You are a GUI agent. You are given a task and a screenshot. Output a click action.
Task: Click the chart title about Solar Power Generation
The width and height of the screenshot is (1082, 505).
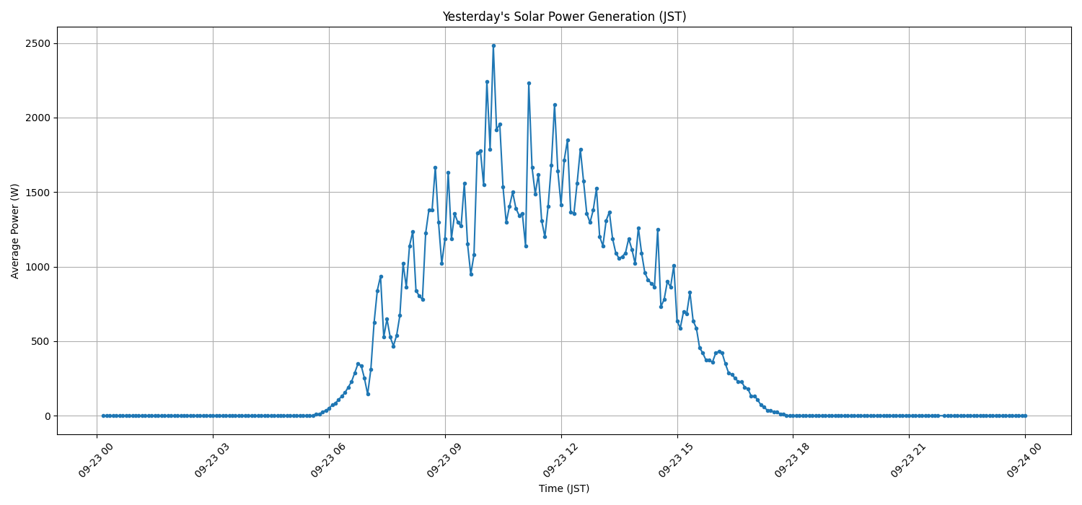(564, 17)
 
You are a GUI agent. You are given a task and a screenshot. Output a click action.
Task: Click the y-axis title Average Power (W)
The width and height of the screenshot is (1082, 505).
(15, 231)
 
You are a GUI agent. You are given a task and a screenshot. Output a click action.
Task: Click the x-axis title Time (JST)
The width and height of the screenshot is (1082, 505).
(564, 488)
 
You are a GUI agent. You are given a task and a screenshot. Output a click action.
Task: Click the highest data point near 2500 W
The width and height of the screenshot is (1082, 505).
(493, 45)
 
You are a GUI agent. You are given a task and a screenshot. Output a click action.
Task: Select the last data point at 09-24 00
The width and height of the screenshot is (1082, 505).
(1025, 416)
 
